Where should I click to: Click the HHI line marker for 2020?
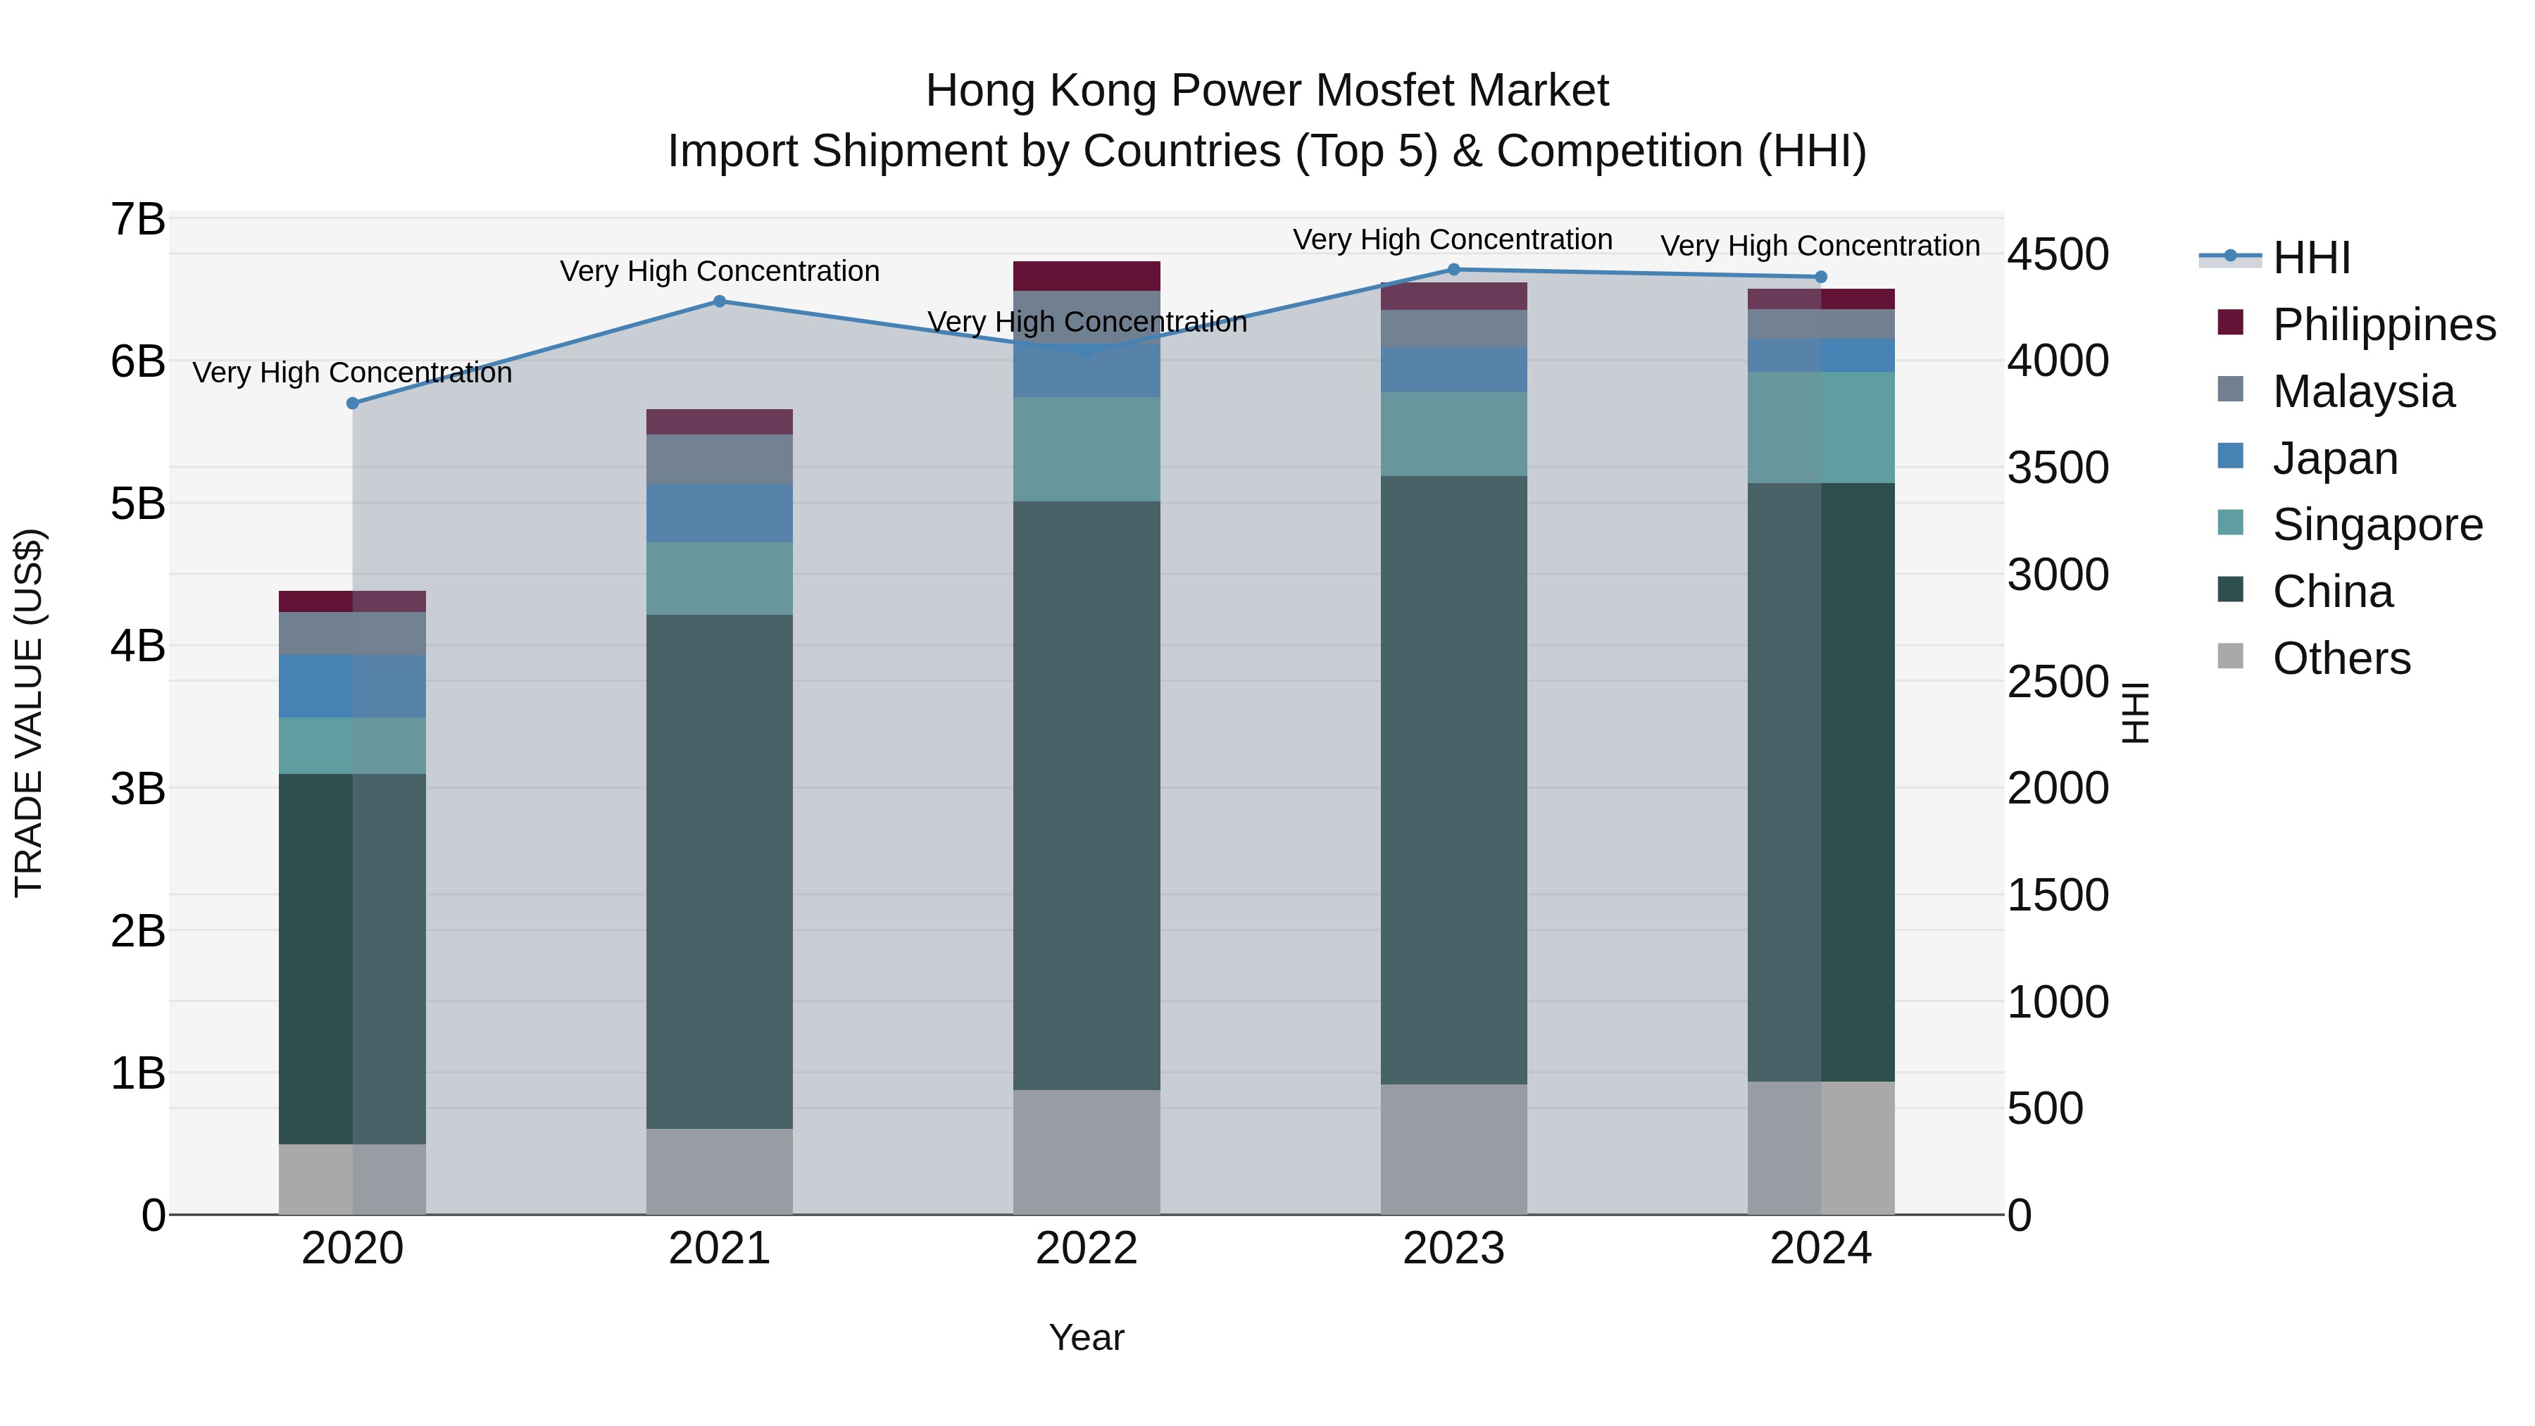coord(352,404)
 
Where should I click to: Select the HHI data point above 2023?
coord(1453,270)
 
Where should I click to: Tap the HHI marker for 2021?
coord(720,301)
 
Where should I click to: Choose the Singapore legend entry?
coord(2377,525)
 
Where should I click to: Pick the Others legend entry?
coord(2340,658)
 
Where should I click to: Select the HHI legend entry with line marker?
coord(2310,258)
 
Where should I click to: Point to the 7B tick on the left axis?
coord(138,220)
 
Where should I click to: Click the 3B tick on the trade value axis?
coord(138,788)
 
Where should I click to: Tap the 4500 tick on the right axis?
coord(2058,255)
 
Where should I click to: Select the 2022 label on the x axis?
coord(1087,1249)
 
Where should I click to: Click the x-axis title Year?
coord(1087,1337)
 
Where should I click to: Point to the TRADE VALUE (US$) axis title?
coord(30,713)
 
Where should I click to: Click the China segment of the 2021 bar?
coord(720,871)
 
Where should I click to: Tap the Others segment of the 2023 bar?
coord(1453,1149)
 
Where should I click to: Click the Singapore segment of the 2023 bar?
coord(1453,434)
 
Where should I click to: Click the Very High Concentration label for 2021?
coord(720,272)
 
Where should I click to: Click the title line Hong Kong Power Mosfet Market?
coord(1267,92)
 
